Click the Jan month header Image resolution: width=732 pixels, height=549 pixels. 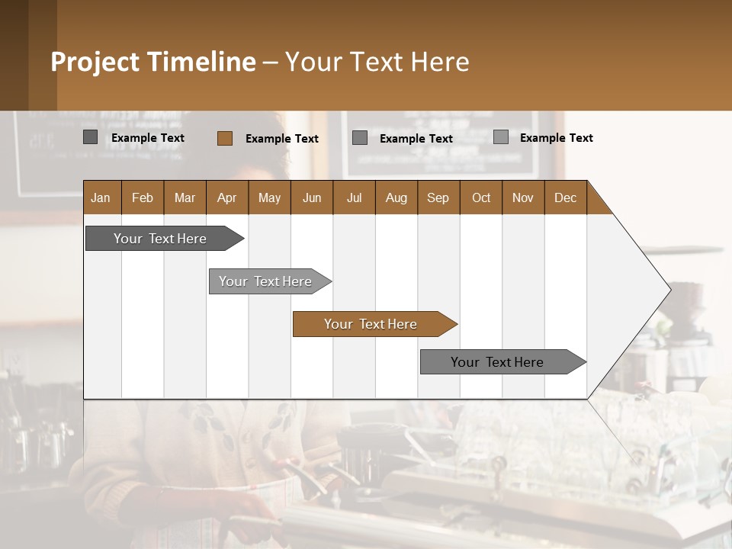coord(101,197)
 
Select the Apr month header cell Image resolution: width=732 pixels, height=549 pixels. coord(226,197)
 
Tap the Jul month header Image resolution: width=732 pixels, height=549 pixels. coord(354,197)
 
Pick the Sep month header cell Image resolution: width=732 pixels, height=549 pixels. coord(438,197)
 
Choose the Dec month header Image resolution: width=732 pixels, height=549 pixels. coord(565,197)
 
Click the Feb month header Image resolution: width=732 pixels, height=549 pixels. coord(143,197)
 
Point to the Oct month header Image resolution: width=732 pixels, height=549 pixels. coord(481,197)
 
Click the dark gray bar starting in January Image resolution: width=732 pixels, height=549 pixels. coord(160,239)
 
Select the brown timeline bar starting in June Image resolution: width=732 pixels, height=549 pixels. coord(371,324)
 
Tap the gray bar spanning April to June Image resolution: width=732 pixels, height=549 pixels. coord(265,281)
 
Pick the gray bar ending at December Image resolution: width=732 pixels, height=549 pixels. coord(497,362)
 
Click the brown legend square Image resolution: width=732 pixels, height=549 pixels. coord(224,138)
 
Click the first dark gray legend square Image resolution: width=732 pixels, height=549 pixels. coord(90,137)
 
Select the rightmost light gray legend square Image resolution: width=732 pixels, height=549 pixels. coord(500,137)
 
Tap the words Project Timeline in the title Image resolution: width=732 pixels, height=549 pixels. coord(152,62)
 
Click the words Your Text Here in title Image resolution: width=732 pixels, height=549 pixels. coord(377,62)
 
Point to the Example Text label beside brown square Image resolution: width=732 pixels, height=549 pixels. coord(281,139)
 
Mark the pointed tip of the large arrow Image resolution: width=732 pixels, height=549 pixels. coord(669,289)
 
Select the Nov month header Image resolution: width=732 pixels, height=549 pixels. coord(522,197)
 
